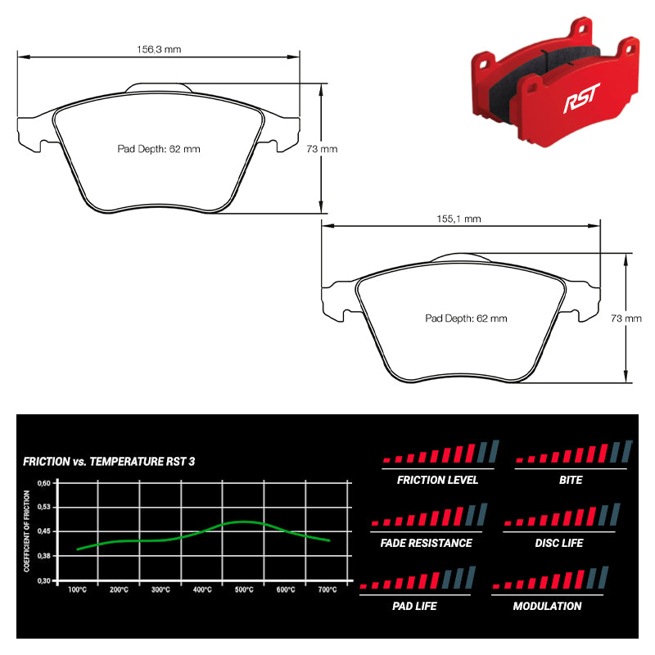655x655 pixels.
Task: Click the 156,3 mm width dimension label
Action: click(159, 49)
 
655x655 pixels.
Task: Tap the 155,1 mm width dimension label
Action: click(458, 219)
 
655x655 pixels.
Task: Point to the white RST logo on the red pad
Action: click(581, 97)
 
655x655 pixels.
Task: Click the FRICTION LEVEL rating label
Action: click(437, 480)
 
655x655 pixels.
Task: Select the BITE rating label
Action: click(571, 480)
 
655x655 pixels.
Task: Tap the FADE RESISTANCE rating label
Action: click(426, 543)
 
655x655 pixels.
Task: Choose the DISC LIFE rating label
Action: click(559, 543)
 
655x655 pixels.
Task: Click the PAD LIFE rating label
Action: click(414, 606)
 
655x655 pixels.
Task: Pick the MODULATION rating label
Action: click(547, 606)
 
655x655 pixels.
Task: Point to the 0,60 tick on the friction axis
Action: click(44, 483)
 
